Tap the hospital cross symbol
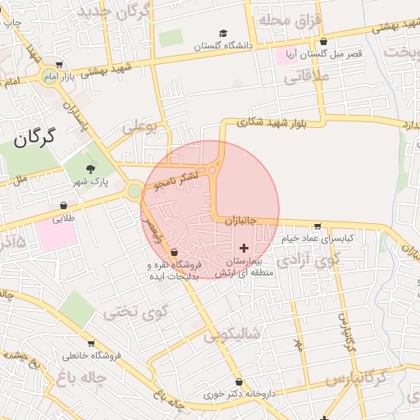244,247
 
